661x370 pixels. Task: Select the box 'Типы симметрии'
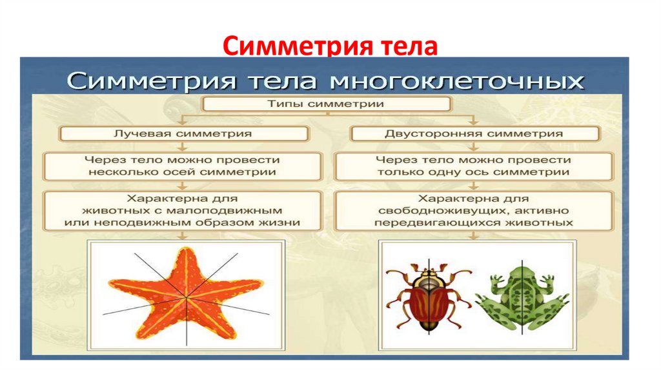[327, 103]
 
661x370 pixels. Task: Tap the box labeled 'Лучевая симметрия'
[183, 133]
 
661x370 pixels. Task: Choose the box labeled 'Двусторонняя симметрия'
[474, 133]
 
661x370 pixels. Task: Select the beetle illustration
[428, 298]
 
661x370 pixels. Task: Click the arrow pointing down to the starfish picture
[183, 235]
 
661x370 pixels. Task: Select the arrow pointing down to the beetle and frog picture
[474, 235]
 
